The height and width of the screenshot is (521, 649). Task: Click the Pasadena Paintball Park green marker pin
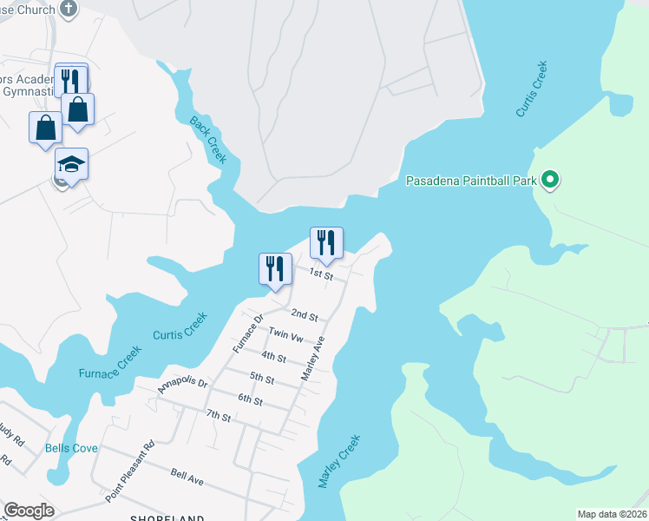[x=549, y=181]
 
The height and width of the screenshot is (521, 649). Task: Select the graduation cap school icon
[x=72, y=163]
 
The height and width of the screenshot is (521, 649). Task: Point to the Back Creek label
[x=208, y=139]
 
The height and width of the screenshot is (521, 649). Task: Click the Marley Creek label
[x=338, y=461]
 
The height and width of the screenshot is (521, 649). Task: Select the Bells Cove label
[x=71, y=448]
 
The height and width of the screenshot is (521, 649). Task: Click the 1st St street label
[x=323, y=274]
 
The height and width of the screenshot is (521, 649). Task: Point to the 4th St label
[x=274, y=357]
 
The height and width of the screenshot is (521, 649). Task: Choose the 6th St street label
[x=250, y=399]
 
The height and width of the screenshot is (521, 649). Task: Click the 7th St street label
[x=219, y=418]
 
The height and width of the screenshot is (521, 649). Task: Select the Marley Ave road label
[x=312, y=358]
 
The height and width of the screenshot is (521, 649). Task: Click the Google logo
[x=29, y=511]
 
